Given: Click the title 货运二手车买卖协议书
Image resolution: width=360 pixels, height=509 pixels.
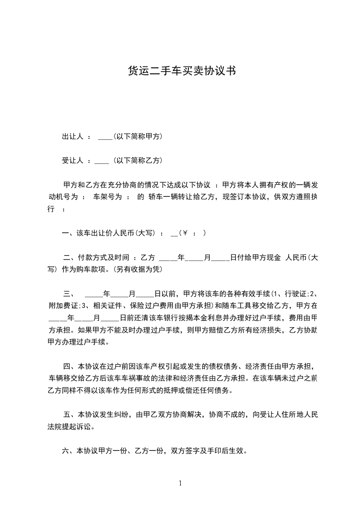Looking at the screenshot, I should (181, 71).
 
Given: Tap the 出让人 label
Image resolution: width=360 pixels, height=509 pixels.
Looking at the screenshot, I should (72, 137).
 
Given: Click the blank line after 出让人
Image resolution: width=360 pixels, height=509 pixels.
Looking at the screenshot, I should (105, 138).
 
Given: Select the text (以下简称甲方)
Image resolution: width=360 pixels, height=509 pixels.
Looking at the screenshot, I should (138, 137).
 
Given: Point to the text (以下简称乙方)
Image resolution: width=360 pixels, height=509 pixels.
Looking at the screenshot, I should (138, 161).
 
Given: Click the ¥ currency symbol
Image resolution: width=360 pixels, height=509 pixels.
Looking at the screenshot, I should (185, 233).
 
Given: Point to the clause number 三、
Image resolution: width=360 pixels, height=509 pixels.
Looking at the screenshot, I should (69, 294).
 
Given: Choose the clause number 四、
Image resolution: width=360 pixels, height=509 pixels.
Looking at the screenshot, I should (69, 366).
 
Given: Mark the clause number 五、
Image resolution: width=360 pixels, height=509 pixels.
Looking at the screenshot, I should (69, 415).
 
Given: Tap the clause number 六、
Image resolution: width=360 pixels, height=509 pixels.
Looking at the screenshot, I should (69, 451).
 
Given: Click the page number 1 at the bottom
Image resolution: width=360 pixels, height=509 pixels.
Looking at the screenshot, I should (180, 483).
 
